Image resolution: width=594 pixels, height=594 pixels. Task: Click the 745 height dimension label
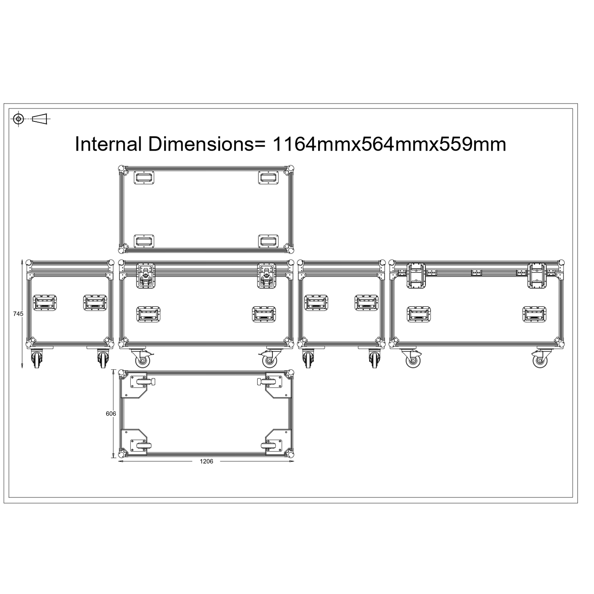click(18, 314)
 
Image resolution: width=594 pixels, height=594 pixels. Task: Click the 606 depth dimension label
click(111, 414)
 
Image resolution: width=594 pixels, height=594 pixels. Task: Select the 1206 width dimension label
click(206, 461)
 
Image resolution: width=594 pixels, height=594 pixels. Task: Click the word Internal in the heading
click(108, 144)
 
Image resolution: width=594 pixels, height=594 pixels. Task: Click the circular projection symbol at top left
click(18, 119)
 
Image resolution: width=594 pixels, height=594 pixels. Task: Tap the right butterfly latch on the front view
click(267, 275)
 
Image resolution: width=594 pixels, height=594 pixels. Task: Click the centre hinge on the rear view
click(476, 272)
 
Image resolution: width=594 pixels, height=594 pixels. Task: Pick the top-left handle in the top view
click(144, 177)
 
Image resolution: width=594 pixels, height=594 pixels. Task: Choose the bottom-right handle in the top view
click(268, 241)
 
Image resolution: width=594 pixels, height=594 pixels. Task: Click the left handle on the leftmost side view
click(45, 303)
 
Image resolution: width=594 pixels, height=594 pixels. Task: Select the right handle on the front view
click(264, 314)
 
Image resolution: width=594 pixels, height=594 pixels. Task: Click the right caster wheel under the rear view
click(541, 359)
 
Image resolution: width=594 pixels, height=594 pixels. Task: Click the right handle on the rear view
click(534, 314)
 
